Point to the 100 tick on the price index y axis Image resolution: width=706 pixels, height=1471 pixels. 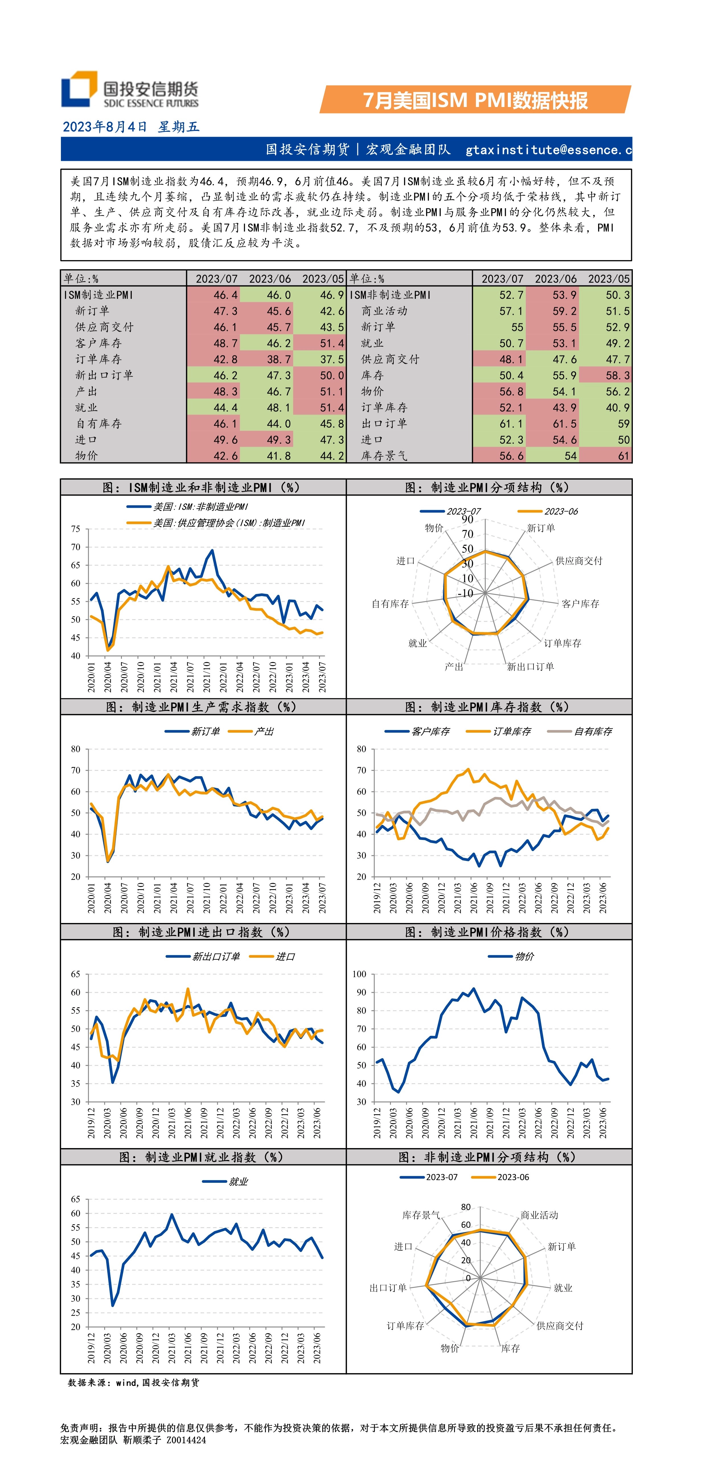coord(359,974)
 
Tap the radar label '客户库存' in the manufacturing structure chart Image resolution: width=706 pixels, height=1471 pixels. coord(580,603)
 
